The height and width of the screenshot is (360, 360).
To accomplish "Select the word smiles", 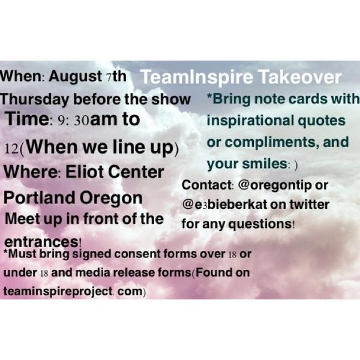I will [259, 163].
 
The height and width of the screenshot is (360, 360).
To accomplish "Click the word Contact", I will [203, 186].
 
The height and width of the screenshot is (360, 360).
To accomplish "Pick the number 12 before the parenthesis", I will [12, 146].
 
